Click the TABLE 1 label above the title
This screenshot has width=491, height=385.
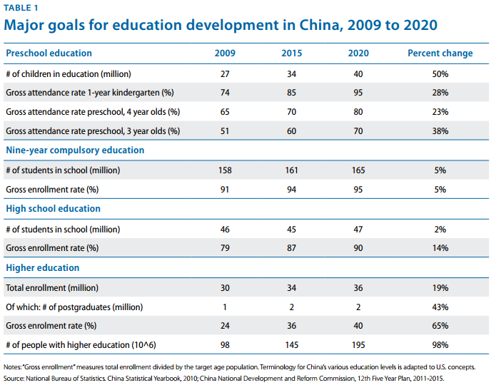21,8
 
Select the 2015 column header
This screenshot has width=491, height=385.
292,53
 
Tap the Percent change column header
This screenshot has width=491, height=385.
440,53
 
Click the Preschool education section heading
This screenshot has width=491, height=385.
49,53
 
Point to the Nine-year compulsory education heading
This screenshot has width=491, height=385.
75,150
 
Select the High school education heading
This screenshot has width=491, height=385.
53,209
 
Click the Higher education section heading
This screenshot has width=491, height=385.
42,268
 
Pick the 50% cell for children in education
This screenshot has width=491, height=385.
440,73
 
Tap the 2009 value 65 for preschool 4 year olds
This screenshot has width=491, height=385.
226,112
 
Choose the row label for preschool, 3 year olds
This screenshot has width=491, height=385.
93,131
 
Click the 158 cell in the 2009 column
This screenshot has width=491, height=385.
226,170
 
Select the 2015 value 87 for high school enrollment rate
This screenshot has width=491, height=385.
292,248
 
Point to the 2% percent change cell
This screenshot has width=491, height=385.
440,229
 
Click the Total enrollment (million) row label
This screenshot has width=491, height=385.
52,288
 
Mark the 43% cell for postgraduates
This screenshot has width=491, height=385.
440,307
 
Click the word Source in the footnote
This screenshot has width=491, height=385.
16,378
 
